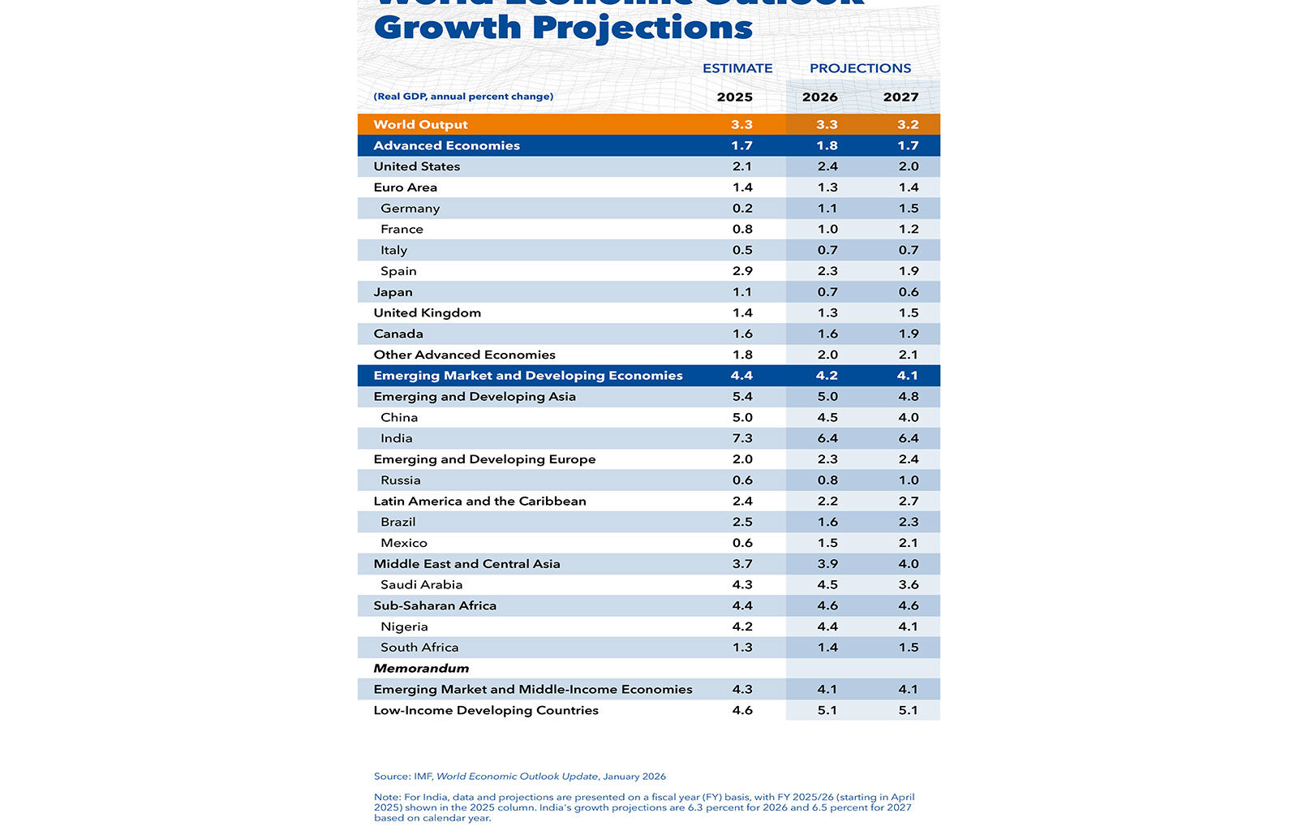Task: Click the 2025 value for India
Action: coord(741,438)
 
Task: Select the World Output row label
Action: coord(420,124)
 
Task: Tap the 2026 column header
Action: coord(819,97)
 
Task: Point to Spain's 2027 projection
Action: coord(908,271)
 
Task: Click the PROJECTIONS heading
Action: coord(860,68)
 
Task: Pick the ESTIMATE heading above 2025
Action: coord(737,68)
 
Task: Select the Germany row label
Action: coord(410,209)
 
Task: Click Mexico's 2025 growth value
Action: coord(741,543)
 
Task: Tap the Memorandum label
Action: coord(421,669)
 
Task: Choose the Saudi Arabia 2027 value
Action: coord(908,584)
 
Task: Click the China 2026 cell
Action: coord(827,417)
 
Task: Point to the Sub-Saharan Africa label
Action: coord(434,605)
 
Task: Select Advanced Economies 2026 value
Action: coord(827,145)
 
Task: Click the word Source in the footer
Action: coord(391,777)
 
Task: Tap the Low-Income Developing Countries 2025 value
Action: coord(741,710)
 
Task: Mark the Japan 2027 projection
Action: coord(908,292)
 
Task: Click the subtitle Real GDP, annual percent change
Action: coord(463,97)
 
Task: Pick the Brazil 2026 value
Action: coord(827,522)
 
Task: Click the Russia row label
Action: coord(400,480)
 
